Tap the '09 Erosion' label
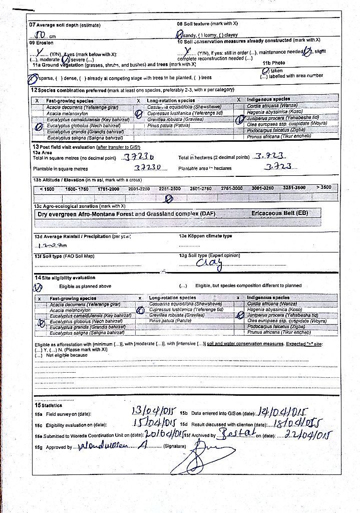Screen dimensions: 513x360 click(41, 43)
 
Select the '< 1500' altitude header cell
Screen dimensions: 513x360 click(47, 189)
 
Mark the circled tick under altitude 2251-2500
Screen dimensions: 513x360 click(169, 198)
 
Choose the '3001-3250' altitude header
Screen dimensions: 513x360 click(264, 188)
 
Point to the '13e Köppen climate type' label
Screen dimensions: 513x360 click(205, 236)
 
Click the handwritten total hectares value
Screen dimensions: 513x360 click(269, 156)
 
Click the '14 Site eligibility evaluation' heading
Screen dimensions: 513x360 click(64, 278)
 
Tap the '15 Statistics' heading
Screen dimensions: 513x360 click(48, 405)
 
